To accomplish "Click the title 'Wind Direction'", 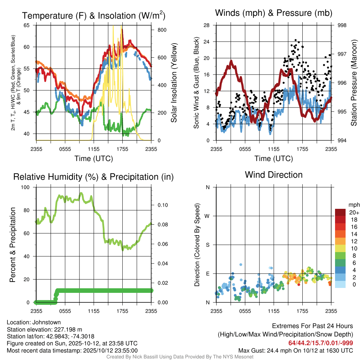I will click(x=274, y=174).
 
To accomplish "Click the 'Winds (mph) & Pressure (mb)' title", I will click(x=274, y=13).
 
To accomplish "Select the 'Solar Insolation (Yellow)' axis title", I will click(x=174, y=83).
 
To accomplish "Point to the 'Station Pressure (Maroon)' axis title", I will click(x=354, y=83).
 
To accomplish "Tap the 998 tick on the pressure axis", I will click(x=342, y=25).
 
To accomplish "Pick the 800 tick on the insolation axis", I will click(x=162, y=30).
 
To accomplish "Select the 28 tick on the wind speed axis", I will click(x=207, y=25).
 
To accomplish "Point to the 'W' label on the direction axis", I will click(x=207, y=216).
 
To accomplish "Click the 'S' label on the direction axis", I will click(x=207, y=245).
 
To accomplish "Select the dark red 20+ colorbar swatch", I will click(x=340, y=212).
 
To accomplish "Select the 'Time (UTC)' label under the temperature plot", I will click(x=94, y=159).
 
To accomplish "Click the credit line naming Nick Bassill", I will click(x=180, y=356).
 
